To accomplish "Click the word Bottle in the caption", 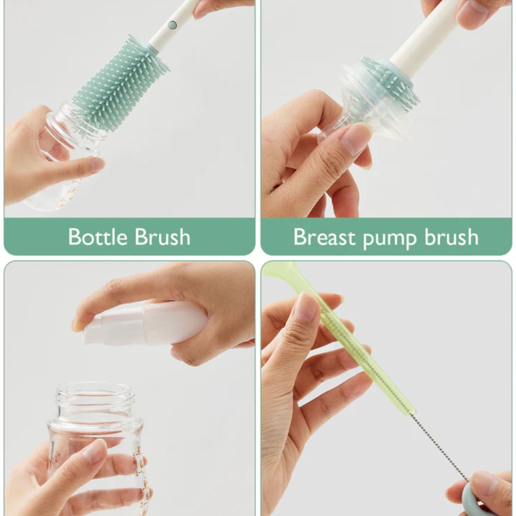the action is [x=98, y=236].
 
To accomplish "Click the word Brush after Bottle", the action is [x=162, y=236].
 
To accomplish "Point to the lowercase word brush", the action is [x=451, y=236].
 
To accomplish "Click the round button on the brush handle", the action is [x=172, y=25].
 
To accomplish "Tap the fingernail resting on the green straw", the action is [x=308, y=308].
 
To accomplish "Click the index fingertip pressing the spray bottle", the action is [x=78, y=324].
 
